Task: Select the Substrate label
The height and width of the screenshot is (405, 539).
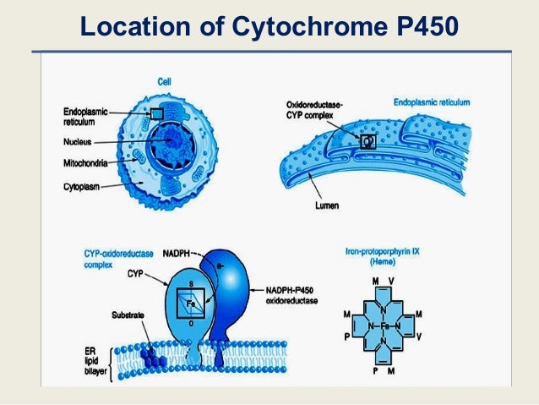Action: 128,315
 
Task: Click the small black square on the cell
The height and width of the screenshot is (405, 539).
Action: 156,113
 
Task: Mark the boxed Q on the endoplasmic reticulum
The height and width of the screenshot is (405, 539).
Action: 367,142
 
